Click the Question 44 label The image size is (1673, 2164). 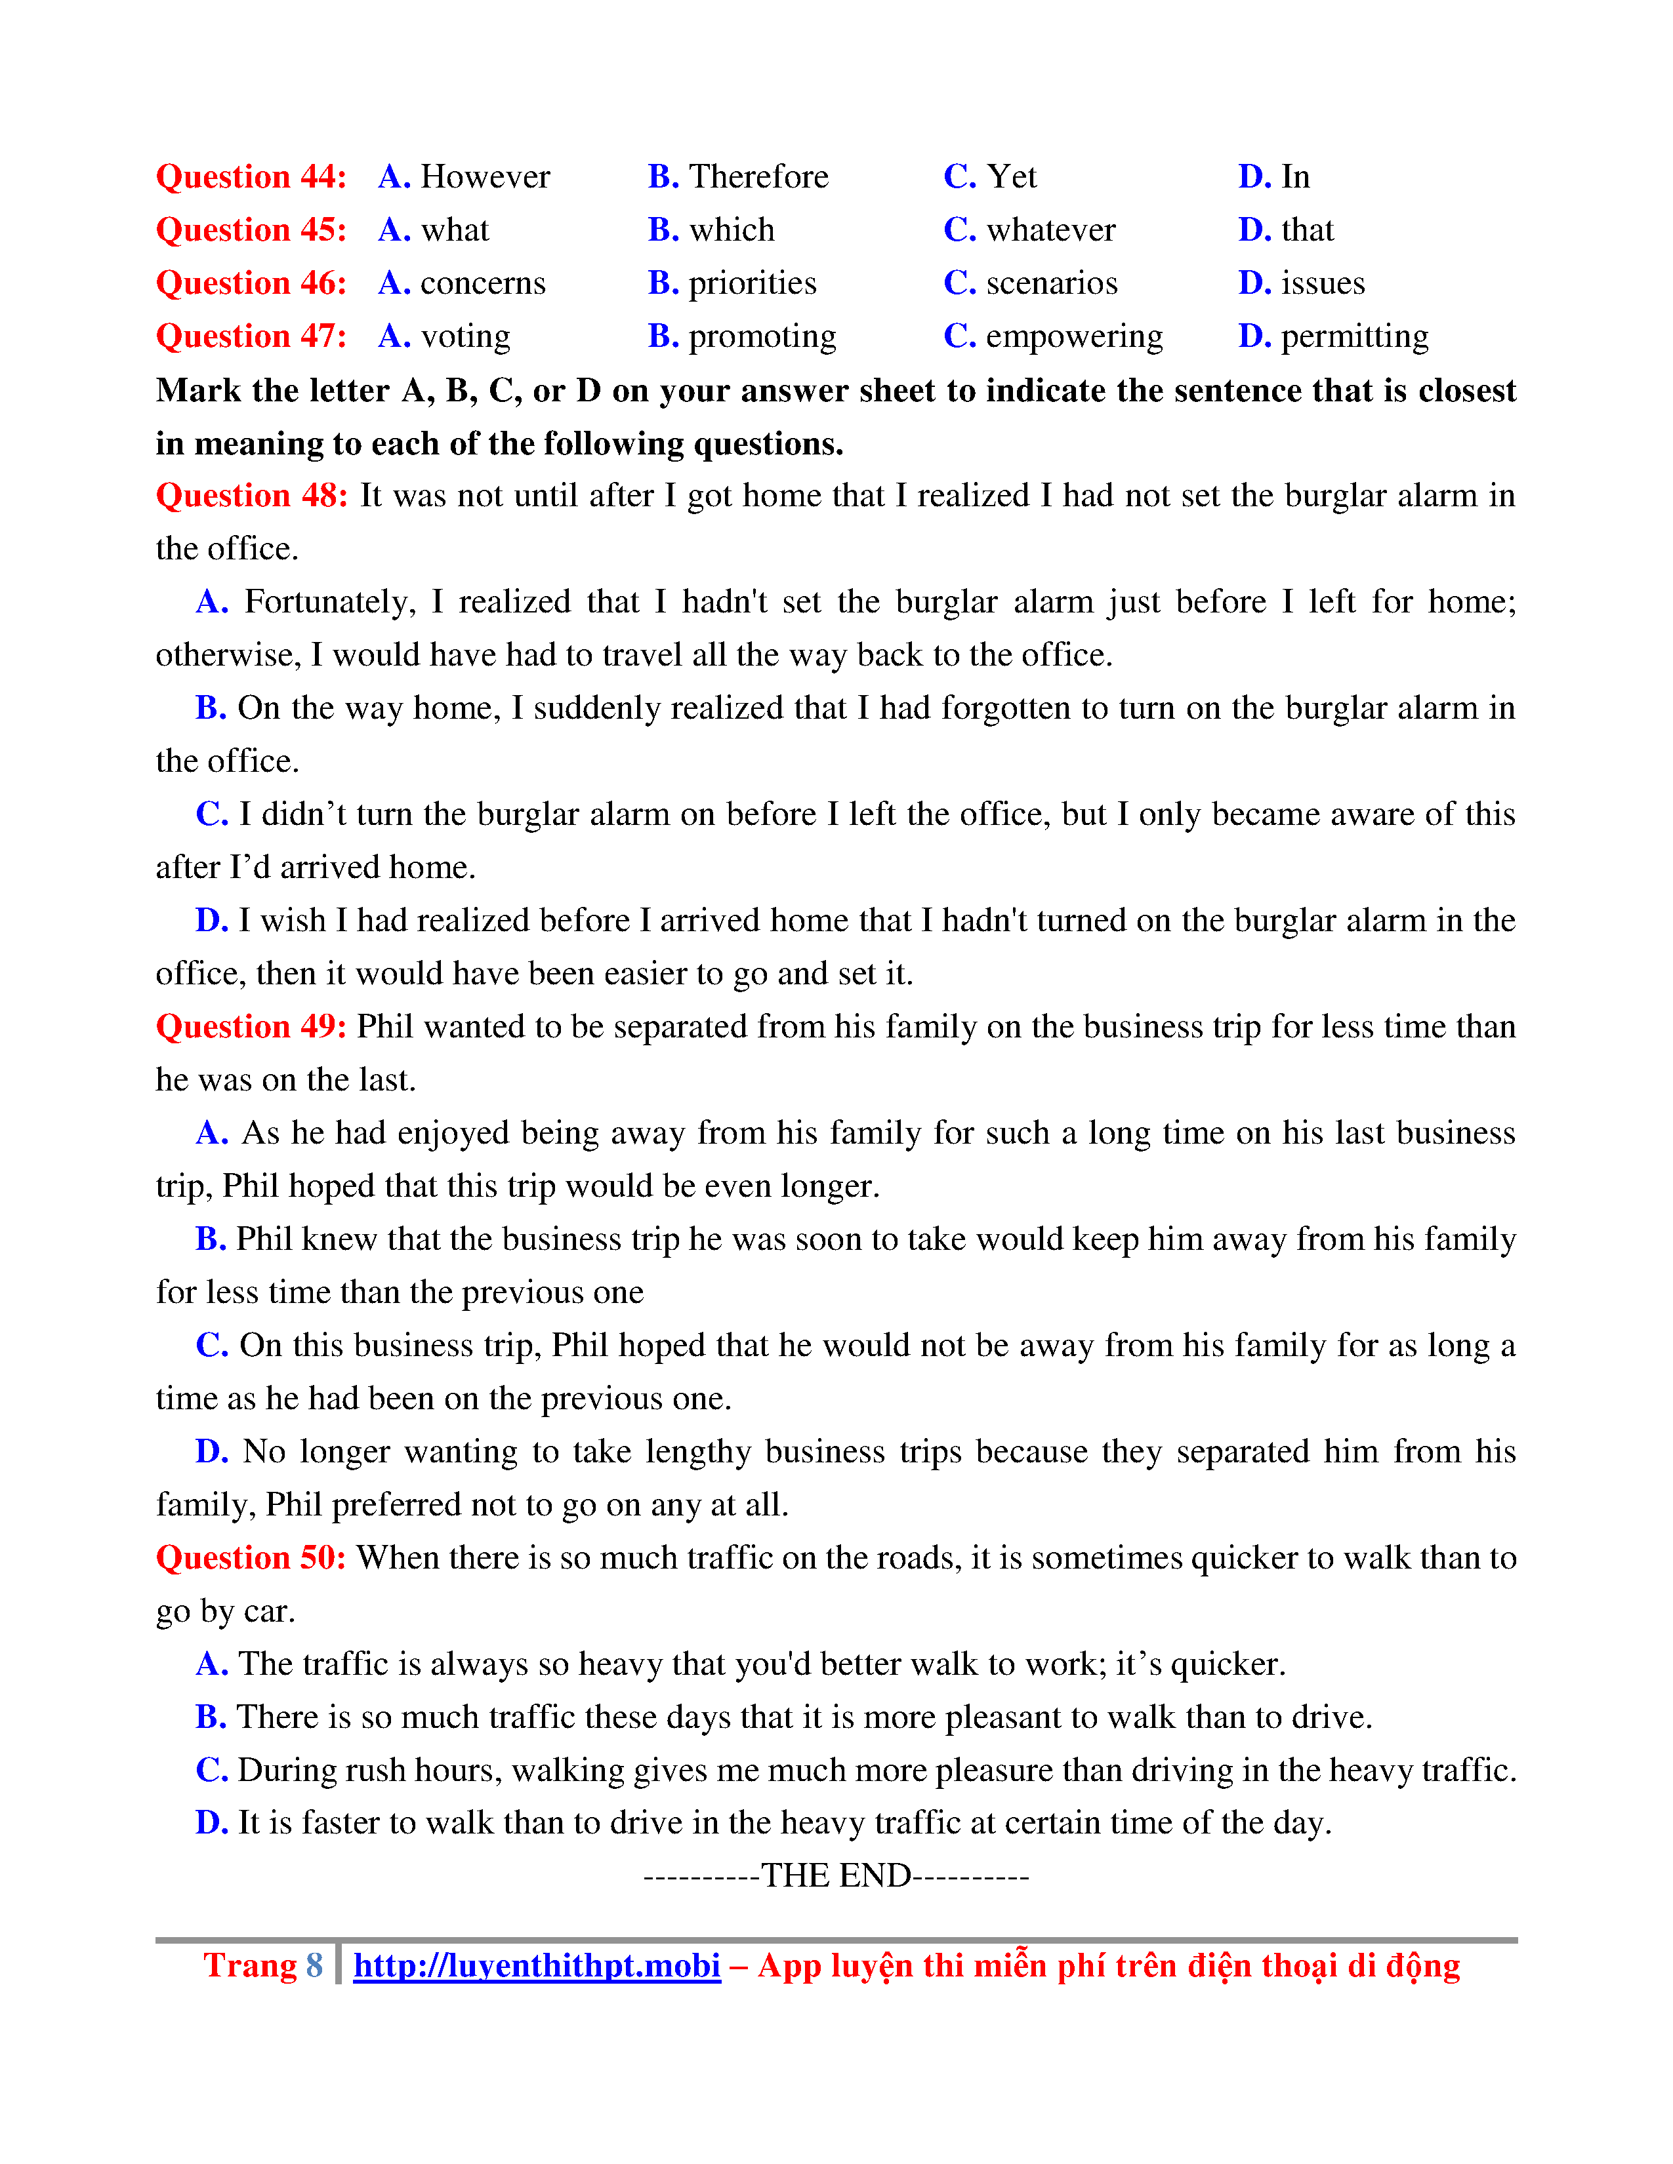click(251, 176)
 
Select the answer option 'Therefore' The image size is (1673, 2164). click(758, 176)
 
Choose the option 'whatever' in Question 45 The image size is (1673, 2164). click(1050, 230)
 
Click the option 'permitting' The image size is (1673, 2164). click(1355, 337)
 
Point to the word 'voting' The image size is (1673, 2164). click(466, 337)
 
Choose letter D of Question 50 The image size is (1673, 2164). click(211, 1823)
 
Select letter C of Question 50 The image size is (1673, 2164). click(211, 1770)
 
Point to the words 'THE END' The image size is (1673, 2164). click(835, 1875)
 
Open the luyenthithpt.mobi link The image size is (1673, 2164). click(536, 1966)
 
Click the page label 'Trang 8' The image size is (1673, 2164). click(262, 1966)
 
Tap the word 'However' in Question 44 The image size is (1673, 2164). click(485, 176)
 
